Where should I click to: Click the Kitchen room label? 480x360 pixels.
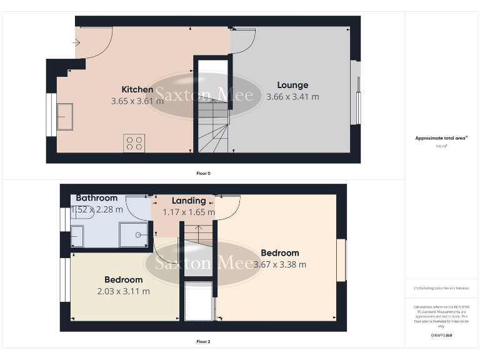[137, 89]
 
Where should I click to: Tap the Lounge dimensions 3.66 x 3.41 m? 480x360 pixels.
[292, 97]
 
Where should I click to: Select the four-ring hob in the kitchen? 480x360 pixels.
[134, 143]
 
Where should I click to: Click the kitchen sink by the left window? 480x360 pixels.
[65, 117]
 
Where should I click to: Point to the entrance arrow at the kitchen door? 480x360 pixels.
[76, 43]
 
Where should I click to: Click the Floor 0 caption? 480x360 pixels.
[203, 173]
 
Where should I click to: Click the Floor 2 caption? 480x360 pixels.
[203, 342]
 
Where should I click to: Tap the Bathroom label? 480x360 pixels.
[97, 198]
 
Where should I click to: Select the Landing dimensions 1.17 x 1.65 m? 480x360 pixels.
[189, 212]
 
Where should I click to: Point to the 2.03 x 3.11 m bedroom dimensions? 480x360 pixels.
[123, 291]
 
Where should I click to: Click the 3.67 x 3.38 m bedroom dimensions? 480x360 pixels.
[280, 264]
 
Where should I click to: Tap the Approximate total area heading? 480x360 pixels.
[441, 138]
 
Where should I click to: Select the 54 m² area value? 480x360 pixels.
[441, 146]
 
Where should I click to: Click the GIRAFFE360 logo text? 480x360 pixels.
[441, 336]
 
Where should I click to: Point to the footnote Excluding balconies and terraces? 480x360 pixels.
[441, 288]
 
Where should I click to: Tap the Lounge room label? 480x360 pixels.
[292, 85]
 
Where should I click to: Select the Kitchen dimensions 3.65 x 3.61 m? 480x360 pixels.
[137, 101]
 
